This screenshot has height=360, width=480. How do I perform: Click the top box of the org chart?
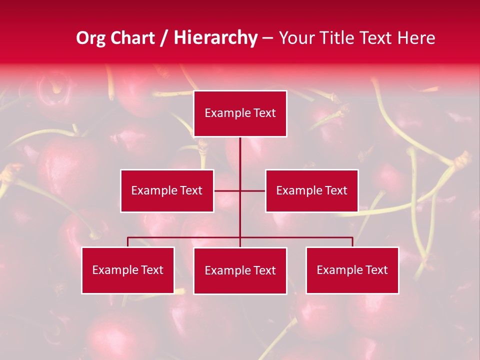point(240,113)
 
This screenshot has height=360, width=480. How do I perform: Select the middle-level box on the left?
point(167,190)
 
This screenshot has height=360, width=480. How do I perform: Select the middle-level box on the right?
point(311,190)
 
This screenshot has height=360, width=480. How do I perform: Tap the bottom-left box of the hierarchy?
point(128,270)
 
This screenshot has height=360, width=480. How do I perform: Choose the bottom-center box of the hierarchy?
point(240,270)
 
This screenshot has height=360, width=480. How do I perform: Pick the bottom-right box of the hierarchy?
point(352,270)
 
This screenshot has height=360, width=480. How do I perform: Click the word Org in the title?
point(91,38)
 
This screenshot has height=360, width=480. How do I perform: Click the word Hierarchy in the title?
point(215,38)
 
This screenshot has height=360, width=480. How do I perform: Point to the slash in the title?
point(164,38)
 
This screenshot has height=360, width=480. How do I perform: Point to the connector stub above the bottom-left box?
point(128,242)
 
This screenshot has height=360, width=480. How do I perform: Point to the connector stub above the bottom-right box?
point(352,242)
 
